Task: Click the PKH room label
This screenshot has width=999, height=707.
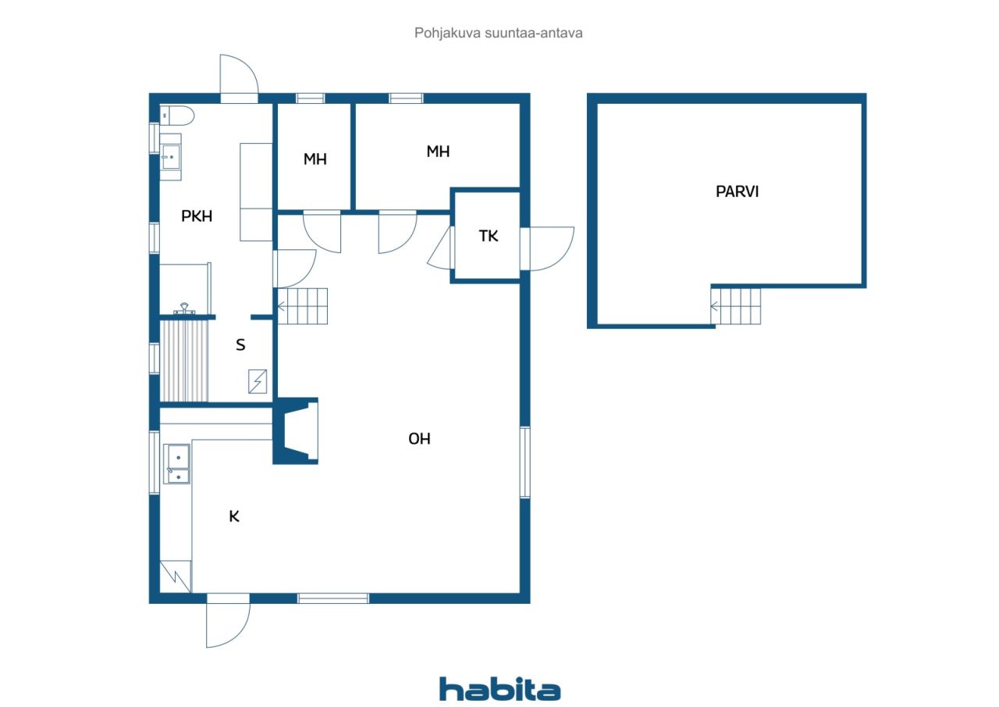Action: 197,216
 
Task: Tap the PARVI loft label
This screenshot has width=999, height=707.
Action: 737,191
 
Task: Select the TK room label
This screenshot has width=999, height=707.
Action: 489,236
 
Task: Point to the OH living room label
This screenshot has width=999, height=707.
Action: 419,439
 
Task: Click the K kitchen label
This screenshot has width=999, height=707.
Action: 234,516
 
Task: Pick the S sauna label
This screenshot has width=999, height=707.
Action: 240,345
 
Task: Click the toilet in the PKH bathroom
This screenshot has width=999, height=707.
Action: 177,116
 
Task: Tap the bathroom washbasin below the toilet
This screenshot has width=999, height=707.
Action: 170,157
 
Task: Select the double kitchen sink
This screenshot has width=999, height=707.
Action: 176,464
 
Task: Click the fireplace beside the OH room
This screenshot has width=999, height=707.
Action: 296,430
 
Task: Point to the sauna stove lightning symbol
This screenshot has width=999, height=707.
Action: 258,381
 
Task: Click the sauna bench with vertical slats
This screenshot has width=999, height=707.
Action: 183,361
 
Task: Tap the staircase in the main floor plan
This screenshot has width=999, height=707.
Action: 302,306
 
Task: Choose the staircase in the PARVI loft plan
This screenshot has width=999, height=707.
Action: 736,306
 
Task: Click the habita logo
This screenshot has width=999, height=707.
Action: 499,690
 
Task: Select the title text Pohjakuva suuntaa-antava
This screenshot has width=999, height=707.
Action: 498,33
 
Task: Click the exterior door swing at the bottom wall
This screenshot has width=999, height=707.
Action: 228,621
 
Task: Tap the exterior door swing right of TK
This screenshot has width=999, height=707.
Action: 548,248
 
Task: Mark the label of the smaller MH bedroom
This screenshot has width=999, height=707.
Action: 315,159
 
